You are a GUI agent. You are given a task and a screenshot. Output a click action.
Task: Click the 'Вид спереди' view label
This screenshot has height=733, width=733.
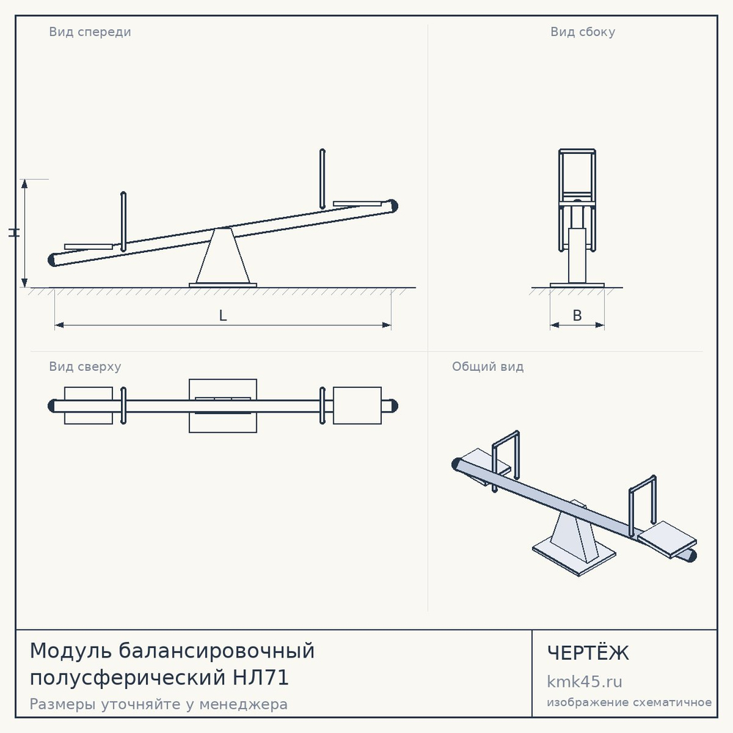point(89,32)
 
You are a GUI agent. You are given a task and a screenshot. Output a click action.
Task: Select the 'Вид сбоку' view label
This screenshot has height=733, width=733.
point(583,32)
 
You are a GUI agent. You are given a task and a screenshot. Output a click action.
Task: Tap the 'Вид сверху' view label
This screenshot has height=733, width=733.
point(85,366)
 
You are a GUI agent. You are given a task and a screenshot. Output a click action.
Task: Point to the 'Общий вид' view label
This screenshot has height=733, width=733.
point(487,366)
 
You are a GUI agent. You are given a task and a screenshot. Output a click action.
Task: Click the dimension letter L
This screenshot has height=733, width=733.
point(223,316)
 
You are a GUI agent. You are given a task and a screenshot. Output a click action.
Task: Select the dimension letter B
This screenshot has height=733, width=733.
point(578,315)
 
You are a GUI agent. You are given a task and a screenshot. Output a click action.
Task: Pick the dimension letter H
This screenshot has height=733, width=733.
point(14,232)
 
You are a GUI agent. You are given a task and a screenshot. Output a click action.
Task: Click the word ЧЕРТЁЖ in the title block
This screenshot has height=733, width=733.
point(588,652)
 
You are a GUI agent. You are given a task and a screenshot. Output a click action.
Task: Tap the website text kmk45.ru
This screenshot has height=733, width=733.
point(584,682)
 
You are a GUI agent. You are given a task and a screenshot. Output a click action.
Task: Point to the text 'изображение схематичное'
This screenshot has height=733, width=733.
point(629,702)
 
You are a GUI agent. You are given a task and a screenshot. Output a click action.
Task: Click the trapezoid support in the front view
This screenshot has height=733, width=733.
point(223,256)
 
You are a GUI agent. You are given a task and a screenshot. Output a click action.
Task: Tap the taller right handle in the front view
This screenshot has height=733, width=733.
point(322,179)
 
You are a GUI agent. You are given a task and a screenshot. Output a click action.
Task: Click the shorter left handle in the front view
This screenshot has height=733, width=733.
point(123,221)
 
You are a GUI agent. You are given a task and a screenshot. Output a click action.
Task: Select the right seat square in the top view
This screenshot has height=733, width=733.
point(357,405)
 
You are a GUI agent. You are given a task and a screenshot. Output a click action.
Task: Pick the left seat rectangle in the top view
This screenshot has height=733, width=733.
point(89,405)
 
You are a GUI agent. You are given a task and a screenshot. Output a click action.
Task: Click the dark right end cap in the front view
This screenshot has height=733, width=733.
point(393,206)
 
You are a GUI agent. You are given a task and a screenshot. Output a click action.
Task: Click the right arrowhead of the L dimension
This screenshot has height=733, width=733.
point(387,325)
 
